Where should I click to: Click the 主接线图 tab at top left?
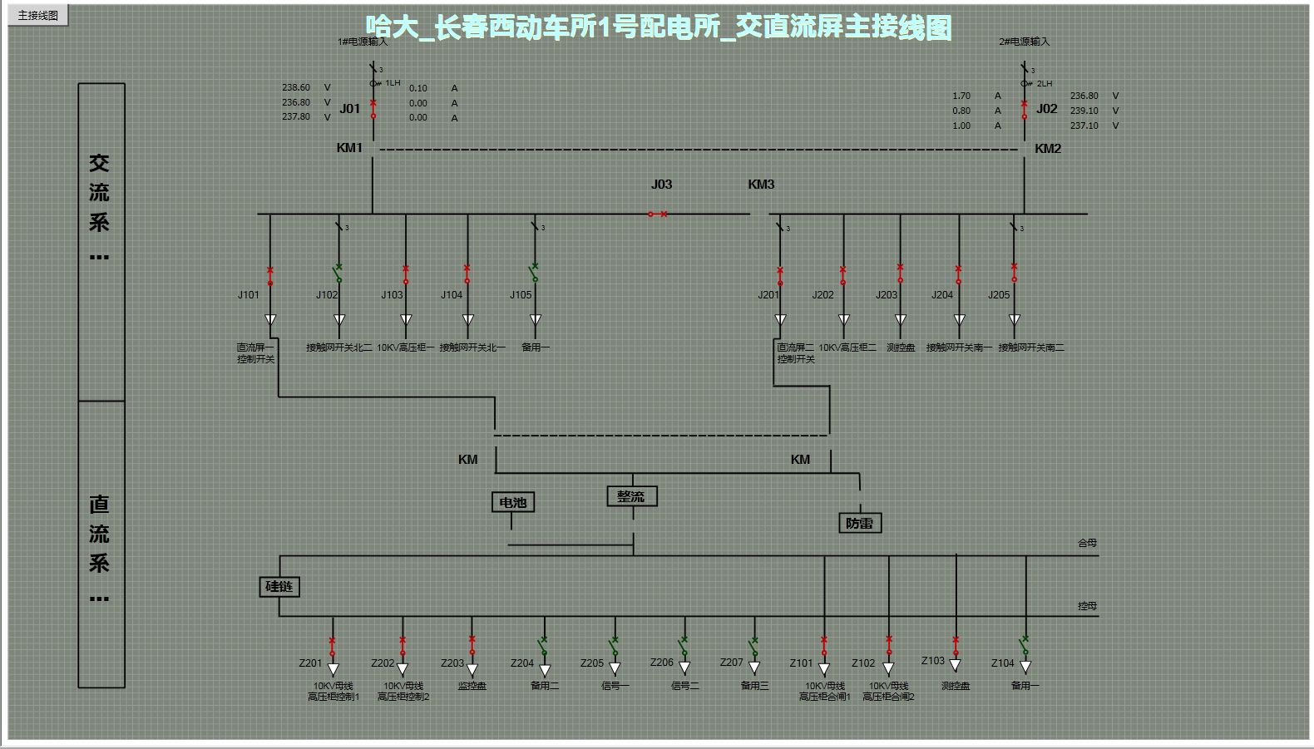(x=38, y=15)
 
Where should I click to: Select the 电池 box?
(x=512, y=502)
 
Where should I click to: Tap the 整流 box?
(x=632, y=496)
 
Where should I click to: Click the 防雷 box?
(x=859, y=523)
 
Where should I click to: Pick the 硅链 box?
(x=279, y=587)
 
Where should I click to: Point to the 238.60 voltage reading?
(x=295, y=87)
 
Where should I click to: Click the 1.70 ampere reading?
(x=961, y=96)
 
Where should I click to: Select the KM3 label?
(x=761, y=185)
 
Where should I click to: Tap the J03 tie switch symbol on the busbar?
(x=657, y=214)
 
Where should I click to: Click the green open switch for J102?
(x=338, y=273)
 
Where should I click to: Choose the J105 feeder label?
(x=521, y=295)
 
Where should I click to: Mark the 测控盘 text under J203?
(x=900, y=347)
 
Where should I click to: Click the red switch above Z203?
(x=472, y=644)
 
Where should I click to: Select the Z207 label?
(x=731, y=663)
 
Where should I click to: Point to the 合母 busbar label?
(x=1087, y=543)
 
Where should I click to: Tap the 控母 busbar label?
(x=1087, y=606)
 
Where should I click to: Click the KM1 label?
(x=349, y=148)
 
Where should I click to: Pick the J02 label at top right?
(x=1047, y=109)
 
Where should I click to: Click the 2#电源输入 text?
(x=1024, y=42)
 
